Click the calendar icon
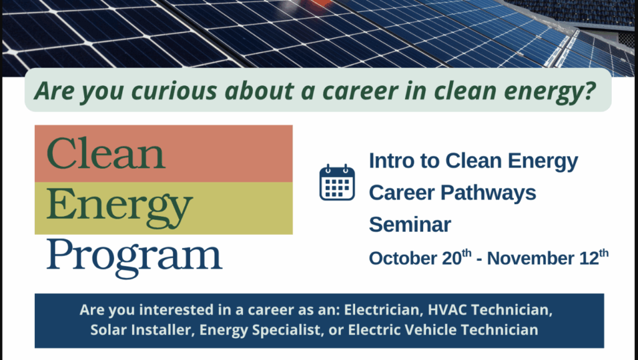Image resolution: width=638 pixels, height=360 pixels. point(337,182)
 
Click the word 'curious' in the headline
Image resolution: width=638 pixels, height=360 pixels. point(174,90)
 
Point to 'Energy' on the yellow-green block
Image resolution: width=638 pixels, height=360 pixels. point(120,208)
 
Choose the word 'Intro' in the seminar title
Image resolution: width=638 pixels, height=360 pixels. point(389,160)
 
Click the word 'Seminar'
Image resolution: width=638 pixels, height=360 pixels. point(410,225)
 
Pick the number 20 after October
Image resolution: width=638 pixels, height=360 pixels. point(452,258)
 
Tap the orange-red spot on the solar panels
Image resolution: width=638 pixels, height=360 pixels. point(322,3)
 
